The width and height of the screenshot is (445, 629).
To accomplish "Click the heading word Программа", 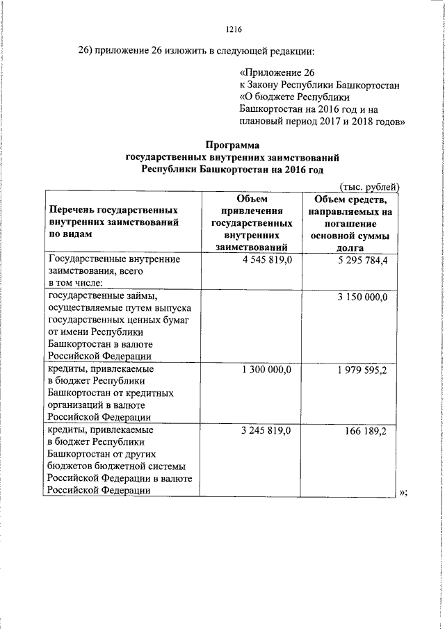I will coord(233,145).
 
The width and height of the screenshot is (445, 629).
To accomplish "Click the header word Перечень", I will coord(72,209).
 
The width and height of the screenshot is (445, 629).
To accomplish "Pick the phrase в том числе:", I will coord(75,283).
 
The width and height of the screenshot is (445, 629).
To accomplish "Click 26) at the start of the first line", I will coord(86,51).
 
